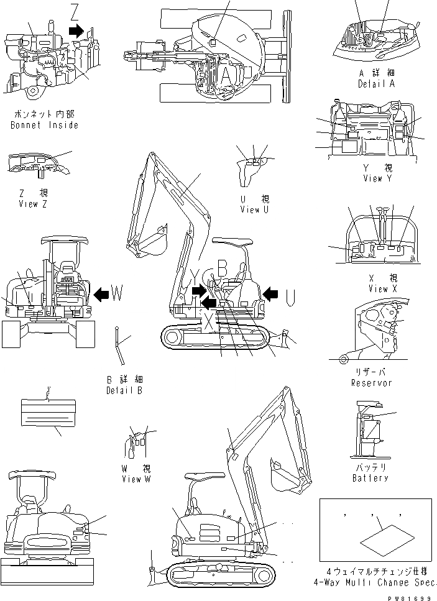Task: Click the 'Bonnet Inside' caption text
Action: point(45,125)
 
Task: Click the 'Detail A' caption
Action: point(376,83)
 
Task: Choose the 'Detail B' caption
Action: point(124,390)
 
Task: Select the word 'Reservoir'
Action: point(372,383)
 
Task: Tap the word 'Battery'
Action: point(370,478)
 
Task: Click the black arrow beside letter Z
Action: point(76,30)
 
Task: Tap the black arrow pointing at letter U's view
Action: point(270,291)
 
